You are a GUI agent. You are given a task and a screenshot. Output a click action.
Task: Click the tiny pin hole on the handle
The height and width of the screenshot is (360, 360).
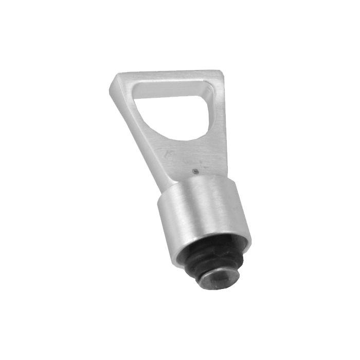coord(195,171)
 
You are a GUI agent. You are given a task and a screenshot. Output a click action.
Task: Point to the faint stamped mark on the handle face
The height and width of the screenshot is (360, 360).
coord(170,154)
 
